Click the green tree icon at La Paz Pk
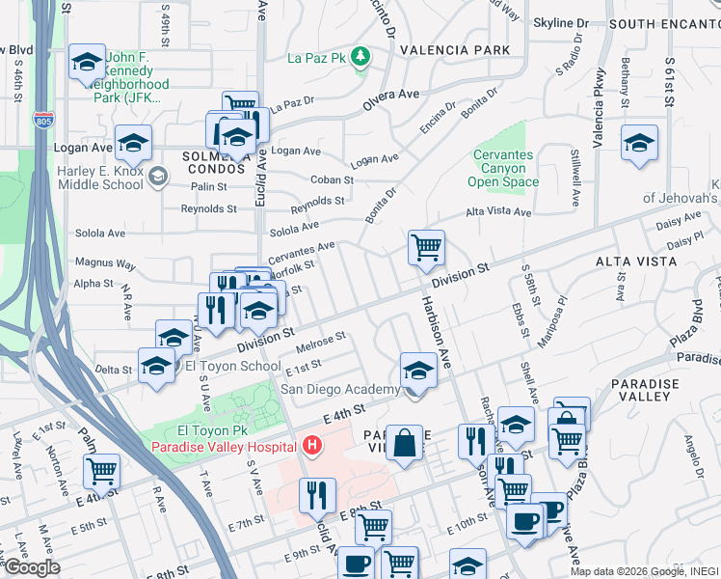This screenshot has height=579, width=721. point(360,56)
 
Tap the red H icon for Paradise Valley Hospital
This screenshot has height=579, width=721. point(311,446)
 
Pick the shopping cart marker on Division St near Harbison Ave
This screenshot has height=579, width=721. point(425,247)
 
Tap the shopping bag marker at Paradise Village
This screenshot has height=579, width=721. point(405,443)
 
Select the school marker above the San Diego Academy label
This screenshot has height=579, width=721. point(417,370)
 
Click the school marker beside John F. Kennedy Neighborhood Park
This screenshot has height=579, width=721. point(87,64)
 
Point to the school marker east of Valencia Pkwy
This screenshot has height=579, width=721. point(639,143)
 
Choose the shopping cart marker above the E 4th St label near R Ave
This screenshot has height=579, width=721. point(100,471)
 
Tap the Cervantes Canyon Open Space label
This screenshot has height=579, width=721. point(505,168)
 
